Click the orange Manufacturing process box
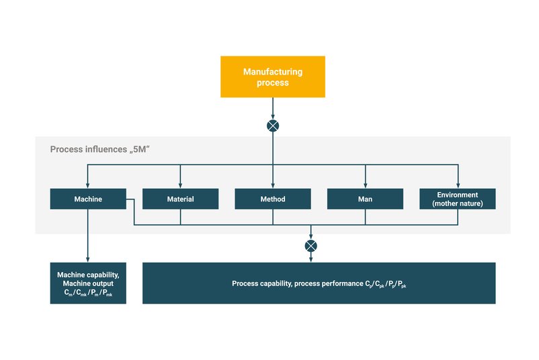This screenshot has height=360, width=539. click(273, 77)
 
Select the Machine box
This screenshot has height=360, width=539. click(88, 199)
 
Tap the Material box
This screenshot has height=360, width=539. click(180, 199)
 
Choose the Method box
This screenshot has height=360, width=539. click(273, 199)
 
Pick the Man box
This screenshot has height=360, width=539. click(365, 199)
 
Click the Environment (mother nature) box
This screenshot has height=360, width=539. click(458, 199)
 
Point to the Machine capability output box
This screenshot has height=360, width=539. click(88, 283)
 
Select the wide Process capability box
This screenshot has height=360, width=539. click(319, 283)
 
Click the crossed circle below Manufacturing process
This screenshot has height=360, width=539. click(273, 126)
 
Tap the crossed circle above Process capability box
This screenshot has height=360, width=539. click(310, 246)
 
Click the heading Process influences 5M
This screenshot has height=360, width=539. click(99, 148)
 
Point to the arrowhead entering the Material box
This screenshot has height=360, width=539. click(180, 185)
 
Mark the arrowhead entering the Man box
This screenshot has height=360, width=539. click(365, 185)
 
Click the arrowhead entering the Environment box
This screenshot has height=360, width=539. click(458, 185)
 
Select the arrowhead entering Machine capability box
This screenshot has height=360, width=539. click(88, 259)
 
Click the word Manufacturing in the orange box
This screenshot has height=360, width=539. click(273, 72)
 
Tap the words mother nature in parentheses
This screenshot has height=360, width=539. click(458, 204)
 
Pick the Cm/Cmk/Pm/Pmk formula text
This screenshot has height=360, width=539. click(88, 293)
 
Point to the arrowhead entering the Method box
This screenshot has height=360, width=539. click(273, 185)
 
